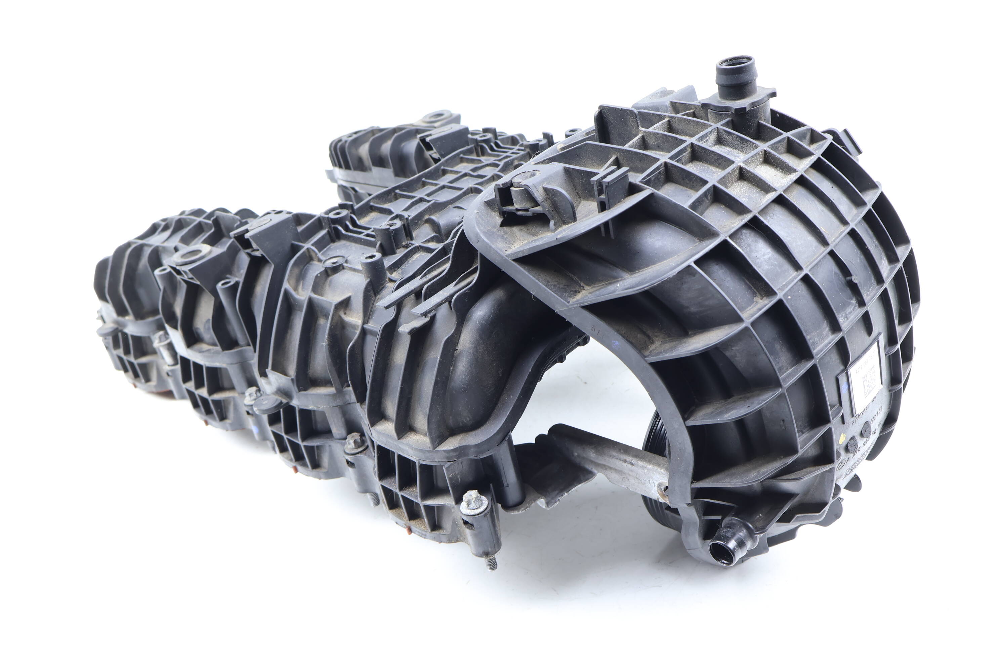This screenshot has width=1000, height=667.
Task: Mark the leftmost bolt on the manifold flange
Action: point(160,338)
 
